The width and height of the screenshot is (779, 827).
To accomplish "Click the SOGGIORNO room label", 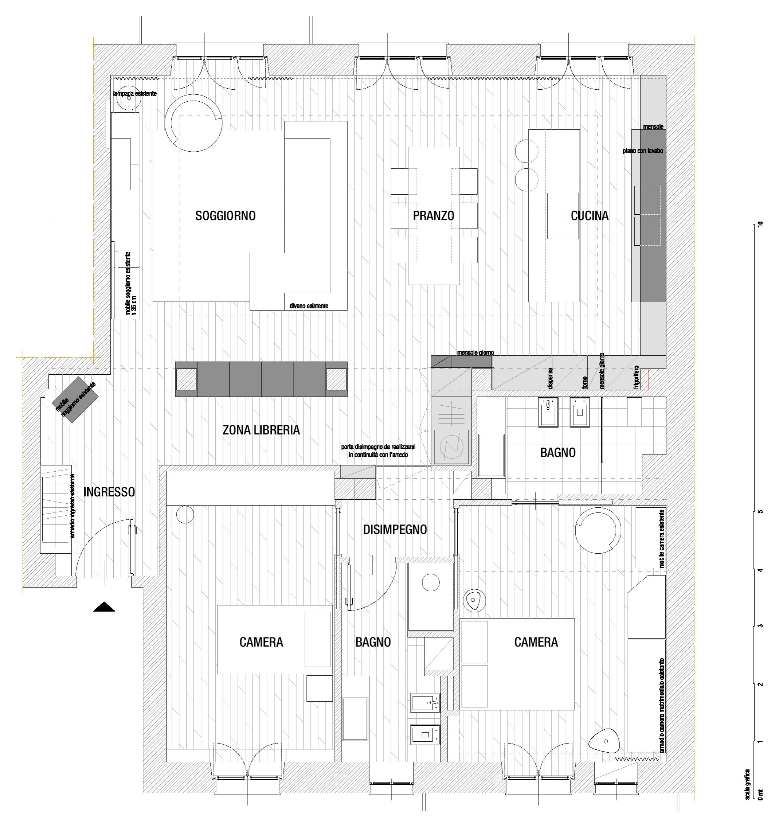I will [225, 216].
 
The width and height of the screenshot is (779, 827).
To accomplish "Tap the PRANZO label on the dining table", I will [433, 216].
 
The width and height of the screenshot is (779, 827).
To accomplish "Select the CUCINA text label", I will [589, 216].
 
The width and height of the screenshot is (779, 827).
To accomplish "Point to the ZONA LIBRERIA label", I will [261, 430].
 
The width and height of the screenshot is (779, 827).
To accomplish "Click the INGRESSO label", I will [109, 492].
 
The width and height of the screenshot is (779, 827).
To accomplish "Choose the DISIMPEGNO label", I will [395, 530].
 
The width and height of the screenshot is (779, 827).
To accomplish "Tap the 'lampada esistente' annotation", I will [135, 94].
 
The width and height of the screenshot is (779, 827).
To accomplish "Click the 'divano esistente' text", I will [309, 306].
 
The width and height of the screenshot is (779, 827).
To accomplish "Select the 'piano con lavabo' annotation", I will [643, 151].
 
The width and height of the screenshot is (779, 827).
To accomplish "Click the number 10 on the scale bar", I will [761, 224].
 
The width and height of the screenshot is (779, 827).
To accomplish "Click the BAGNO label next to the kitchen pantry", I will [557, 453].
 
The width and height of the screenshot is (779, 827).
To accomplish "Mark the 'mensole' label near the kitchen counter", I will [653, 126].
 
